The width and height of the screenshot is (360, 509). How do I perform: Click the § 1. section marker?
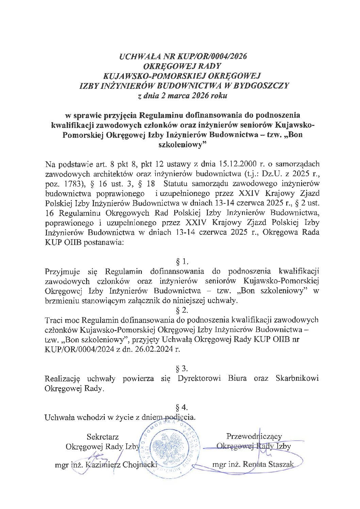pos(181,262)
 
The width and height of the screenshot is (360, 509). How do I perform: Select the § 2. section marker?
pos(181,310)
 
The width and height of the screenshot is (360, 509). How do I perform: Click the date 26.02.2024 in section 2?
pos(156,349)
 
